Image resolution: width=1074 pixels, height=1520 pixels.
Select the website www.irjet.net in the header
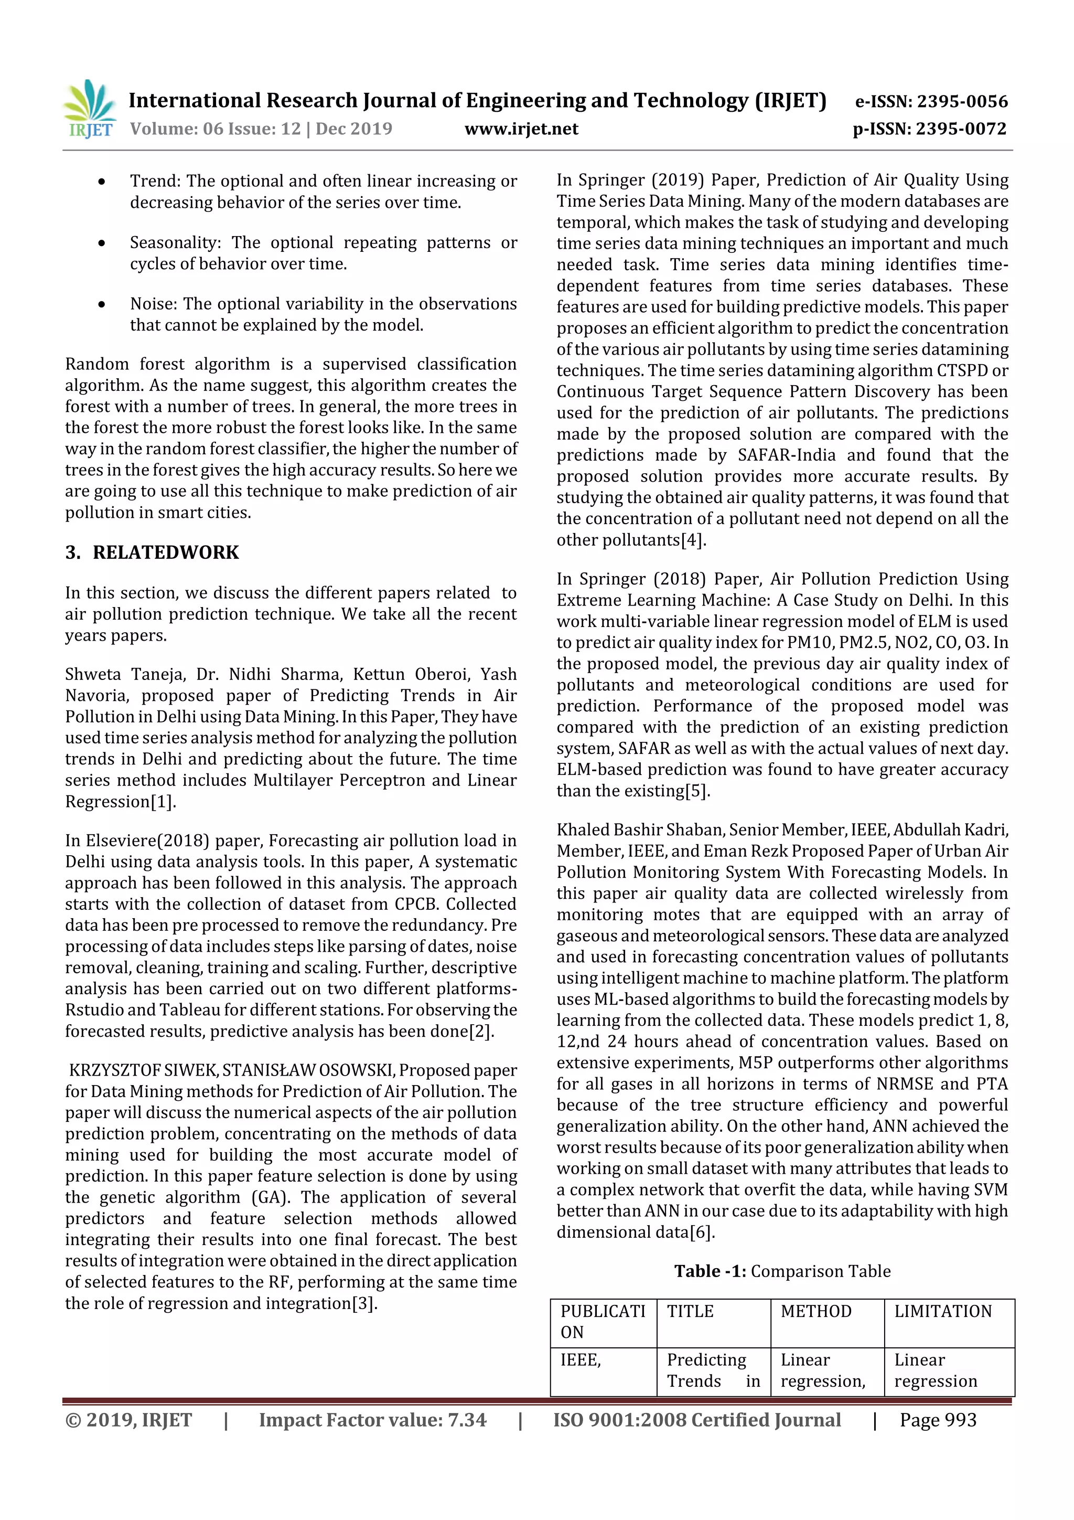[521, 129]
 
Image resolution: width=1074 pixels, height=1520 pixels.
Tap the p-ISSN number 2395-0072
[961, 129]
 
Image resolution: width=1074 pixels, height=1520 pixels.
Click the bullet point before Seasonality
[101, 243]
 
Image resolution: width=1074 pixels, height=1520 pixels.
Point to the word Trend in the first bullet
[155, 182]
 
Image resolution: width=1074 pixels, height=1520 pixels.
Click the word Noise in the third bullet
[154, 304]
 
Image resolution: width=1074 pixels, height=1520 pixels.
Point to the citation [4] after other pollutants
[693, 540]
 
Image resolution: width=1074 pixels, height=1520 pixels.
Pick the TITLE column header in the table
[690, 1312]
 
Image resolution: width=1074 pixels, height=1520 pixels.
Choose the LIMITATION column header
[942, 1312]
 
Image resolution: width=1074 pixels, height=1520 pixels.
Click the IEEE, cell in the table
[581, 1360]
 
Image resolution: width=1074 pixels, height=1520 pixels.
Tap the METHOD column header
[815, 1312]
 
